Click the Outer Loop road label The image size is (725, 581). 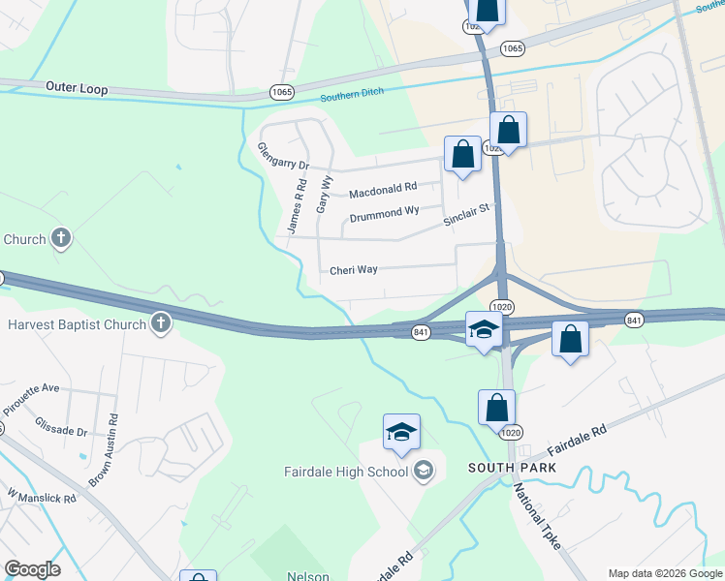(x=77, y=88)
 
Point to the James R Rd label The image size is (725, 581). (x=297, y=206)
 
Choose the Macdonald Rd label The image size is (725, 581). (x=382, y=189)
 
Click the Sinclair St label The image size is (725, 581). (x=469, y=215)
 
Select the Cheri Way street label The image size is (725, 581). (x=353, y=270)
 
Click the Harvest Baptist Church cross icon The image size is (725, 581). (x=161, y=323)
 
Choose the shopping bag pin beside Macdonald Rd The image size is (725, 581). (x=462, y=155)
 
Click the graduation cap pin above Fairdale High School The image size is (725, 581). (x=401, y=433)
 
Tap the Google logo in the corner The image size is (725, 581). (x=32, y=569)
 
